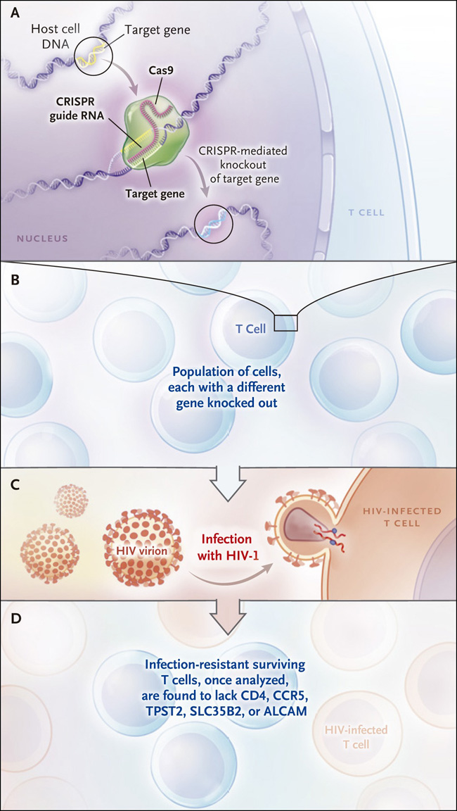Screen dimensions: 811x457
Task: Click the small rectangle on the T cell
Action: (x=286, y=322)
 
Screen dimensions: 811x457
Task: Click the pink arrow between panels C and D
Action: (x=228, y=613)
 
